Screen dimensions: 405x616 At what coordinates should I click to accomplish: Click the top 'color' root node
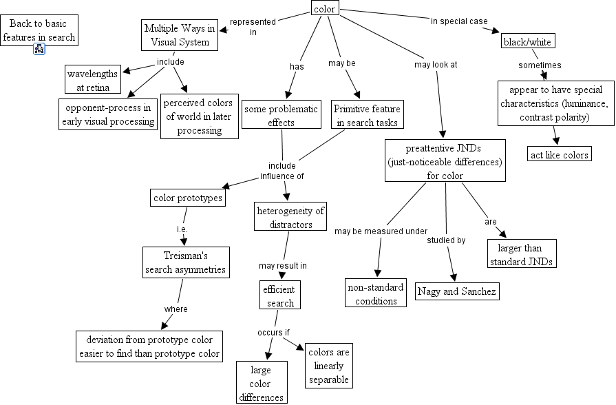(x=324, y=9)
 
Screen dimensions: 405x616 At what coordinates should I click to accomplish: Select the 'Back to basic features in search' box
(x=39, y=30)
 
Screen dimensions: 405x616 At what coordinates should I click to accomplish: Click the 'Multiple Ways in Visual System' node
(x=180, y=35)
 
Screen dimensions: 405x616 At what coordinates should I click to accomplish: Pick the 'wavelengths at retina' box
(x=93, y=80)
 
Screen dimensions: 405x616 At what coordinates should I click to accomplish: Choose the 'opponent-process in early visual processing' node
(x=107, y=114)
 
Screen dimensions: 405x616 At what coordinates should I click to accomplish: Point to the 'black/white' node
(x=527, y=41)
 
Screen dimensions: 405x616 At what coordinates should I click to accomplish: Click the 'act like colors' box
(x=559, y=154)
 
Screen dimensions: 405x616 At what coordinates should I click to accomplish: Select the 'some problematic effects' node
(x=281, y=116)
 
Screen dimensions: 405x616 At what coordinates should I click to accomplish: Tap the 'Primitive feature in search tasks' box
(x=366, y=116)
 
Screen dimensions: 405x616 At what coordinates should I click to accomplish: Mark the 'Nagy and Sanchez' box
(x=456, y=291)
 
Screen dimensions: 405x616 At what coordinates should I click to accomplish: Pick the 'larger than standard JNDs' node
(x=521, y=254)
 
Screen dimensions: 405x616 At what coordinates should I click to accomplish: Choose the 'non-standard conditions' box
(x=376, y=293)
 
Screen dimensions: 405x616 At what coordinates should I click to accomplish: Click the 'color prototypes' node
(x=188, y=198)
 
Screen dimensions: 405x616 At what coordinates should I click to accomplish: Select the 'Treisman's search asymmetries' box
(x=185, y=262)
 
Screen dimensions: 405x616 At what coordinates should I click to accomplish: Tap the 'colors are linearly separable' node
(x=328, y=366)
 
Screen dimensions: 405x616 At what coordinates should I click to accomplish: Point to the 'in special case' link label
(x=459, y=21)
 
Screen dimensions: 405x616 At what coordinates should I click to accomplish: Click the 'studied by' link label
(x=446, y=240)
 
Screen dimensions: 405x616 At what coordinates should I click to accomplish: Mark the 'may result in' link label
(x=282, y=265)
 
